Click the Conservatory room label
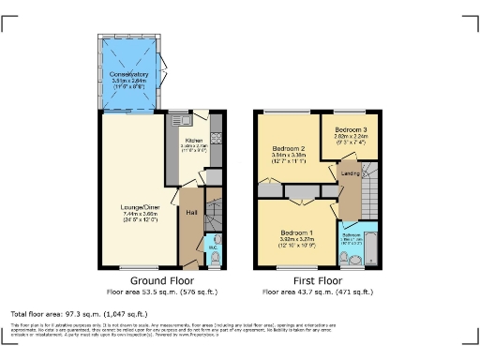[x=129, y=73]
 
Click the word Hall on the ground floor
[x=191, y=212]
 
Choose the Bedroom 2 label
[x=290, y=149]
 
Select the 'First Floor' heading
[x=315, y=280]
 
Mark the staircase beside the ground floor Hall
[x=214, y=212]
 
